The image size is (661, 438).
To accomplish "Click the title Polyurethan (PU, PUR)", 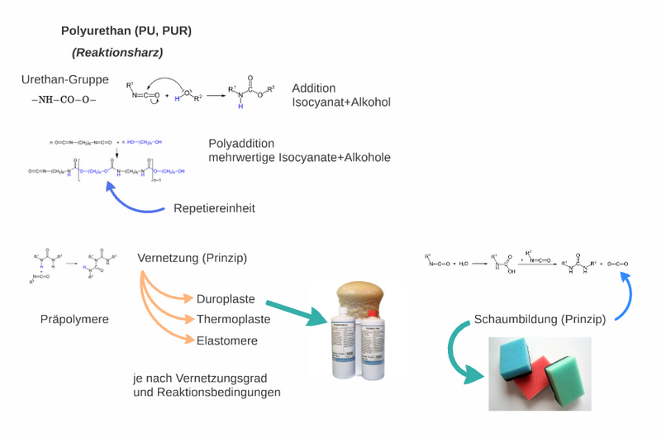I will point(126,31).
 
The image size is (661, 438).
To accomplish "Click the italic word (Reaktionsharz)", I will point(117,53).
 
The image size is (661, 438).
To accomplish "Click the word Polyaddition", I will point(241,144).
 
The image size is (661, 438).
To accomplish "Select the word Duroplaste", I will point(226,298).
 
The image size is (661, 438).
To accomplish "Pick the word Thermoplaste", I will point(234,320).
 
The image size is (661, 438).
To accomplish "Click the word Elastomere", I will point(227,341).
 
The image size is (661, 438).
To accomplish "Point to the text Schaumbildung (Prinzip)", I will point(540,319).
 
